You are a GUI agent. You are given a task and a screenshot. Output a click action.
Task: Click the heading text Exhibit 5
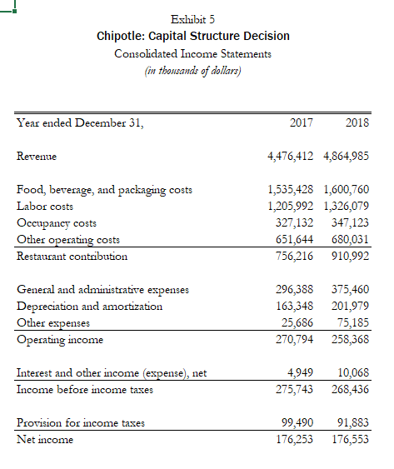pyautogui.click(x=192, y=18)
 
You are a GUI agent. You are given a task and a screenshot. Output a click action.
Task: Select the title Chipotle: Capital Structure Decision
pyautogui.click(x=193, y=36)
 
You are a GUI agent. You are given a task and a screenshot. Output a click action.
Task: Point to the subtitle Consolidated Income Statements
pyautogui.click(x=192, y=53)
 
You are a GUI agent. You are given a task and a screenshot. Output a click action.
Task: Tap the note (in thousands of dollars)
pyautogui.click(x=192, y=70)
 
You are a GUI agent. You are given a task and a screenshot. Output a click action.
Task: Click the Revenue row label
pyautogui.click(x=39, y=156)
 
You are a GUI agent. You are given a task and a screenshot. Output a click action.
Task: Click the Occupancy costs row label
pyautogui.click(x=57, y=223)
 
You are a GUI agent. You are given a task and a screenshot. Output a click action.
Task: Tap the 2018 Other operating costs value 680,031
pyautogui.click(x=351, y=240)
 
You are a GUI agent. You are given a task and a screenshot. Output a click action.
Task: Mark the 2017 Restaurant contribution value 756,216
pyautogui.click(x=294, y=257)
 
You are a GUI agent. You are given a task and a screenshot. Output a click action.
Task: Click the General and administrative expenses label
pyautogui.click(x=102, y=290)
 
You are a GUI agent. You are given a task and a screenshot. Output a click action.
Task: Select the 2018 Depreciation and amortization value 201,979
pyautogui.click(x=351, y=307)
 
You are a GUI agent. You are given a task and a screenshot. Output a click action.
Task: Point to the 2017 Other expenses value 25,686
pyautogui.click(x=297, y=323)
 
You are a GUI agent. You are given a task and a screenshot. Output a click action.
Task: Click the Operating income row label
pyautogui.click(x=59, y=340)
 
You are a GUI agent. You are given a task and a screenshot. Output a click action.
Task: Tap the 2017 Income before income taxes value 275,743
pyautogui.click(x=294, y=389)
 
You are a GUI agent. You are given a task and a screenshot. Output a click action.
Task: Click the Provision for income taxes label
pyautogui.click(x=81, y=422)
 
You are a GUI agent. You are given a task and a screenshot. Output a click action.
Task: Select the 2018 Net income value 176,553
pyautogui.click(x=351, y=439)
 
